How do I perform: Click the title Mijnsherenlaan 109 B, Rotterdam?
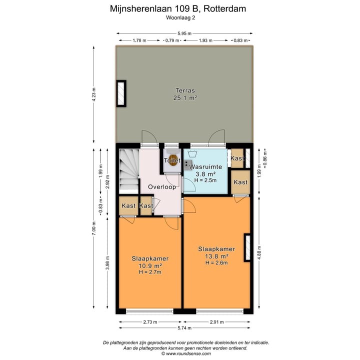click(180, 8)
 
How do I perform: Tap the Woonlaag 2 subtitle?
click(180, 17)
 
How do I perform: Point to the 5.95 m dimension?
click(185, 33)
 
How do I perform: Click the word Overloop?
click(161, 187)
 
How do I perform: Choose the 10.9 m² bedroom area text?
click(150, 265)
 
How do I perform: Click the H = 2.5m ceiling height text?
click(205, 180)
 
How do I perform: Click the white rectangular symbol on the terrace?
click(121, 93)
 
